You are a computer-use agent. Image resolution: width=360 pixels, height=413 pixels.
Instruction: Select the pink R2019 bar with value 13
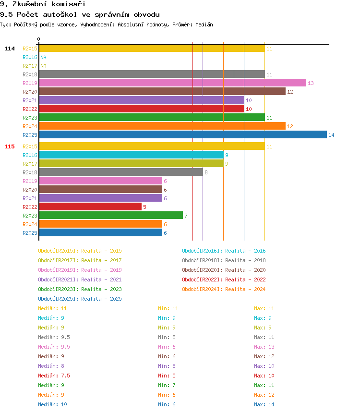172,83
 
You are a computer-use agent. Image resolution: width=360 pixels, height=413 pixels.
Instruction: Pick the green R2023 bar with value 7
111,215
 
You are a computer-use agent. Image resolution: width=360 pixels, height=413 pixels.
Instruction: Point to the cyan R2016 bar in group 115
131,155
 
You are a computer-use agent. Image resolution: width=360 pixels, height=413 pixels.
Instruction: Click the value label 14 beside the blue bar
331,135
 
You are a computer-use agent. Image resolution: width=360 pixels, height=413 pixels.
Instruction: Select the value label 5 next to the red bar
144,207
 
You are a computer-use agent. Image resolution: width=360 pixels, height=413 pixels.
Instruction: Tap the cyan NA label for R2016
43,57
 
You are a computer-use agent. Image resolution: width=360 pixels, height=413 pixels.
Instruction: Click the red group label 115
10,146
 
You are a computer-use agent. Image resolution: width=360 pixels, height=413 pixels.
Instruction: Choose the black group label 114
10,49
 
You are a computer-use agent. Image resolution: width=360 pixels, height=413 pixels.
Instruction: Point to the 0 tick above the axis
39,39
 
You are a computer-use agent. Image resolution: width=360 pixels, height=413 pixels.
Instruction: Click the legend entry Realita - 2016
224,251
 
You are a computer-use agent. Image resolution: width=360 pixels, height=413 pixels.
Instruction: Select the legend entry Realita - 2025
80,299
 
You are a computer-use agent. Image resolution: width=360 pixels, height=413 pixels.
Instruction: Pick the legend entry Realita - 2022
224,279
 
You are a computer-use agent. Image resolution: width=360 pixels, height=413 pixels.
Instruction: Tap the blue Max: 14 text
264,404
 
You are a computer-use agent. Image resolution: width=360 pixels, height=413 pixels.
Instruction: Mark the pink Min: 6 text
167,347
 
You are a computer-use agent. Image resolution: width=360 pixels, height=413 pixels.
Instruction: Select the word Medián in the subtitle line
204,24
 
